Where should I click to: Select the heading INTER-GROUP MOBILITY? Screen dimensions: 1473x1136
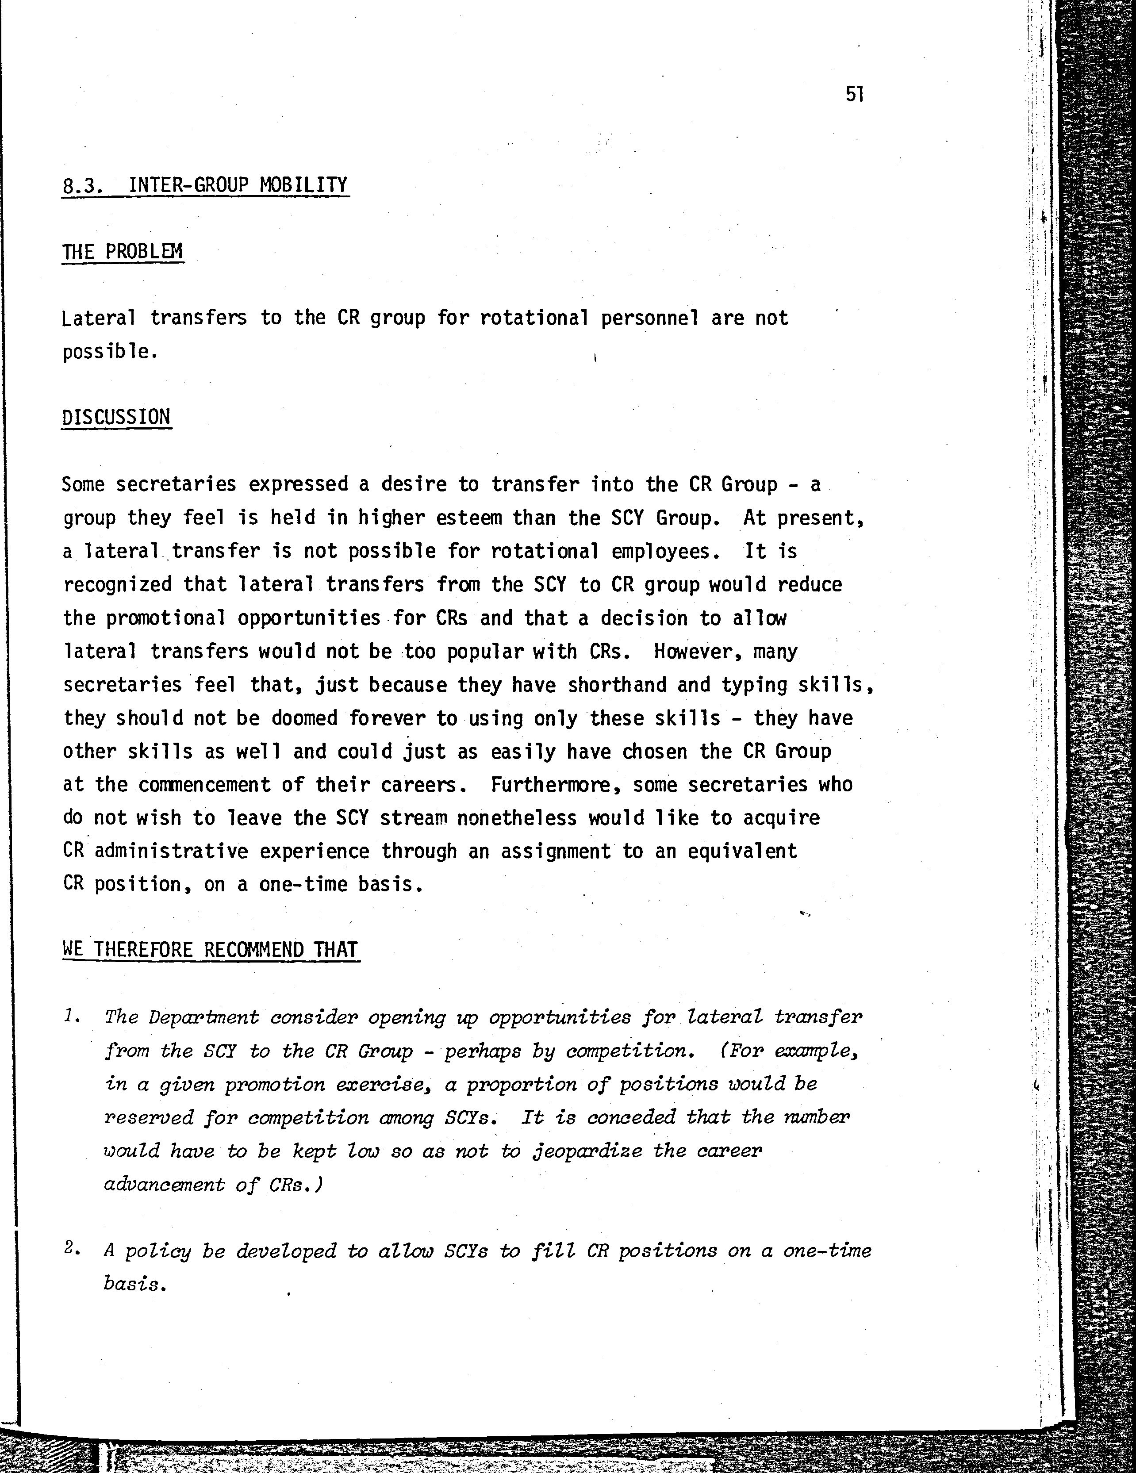coord(238,185)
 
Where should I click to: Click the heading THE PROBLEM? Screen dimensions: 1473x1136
coord(123,252)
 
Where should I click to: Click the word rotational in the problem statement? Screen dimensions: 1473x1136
coord(534,318)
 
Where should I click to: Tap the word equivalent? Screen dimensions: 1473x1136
coord(742,851)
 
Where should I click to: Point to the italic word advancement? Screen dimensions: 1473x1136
coord(164,1184)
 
